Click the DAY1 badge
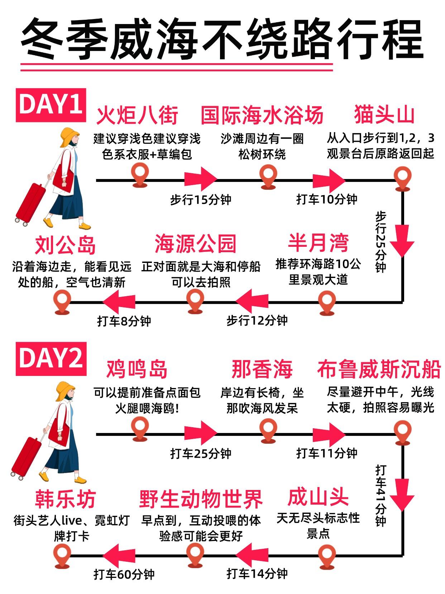51,105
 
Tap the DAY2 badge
51,359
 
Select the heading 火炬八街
137,115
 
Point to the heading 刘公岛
65,245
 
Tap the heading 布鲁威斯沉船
379,369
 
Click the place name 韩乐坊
65,499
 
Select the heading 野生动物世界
201,499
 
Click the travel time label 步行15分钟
201,200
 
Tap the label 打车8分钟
124,321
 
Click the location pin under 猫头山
403,178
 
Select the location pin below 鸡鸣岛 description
140,429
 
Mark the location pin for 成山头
327,556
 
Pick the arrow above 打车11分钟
329,434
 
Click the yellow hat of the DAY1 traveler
69,137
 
